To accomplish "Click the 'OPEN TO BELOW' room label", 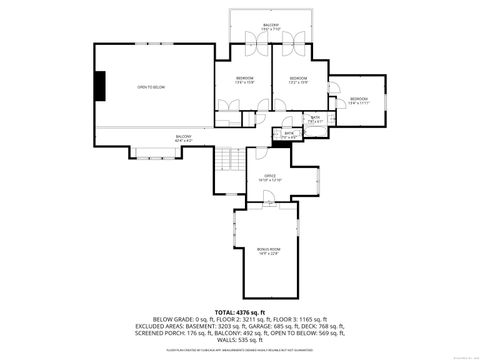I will [151, 88].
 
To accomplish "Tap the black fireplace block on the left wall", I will [99, 85].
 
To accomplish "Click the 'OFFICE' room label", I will [270, 177].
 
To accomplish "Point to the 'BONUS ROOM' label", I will [268, 250].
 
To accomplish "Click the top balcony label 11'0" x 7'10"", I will [270, 27].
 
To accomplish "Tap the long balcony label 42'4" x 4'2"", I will [183, 139].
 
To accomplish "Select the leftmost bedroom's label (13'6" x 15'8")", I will [245, 80].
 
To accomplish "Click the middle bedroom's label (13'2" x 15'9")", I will [298, 80].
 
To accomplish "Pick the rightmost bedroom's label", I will [358, 101].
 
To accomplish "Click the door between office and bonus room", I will [269, 207].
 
